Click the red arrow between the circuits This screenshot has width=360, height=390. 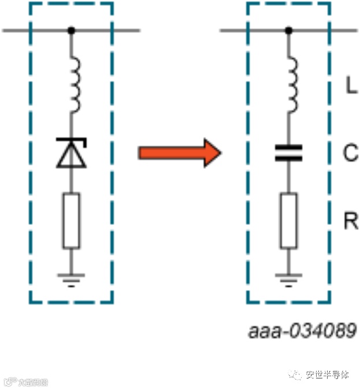(x=179, y=153)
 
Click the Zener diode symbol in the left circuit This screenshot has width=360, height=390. (x=71, y=153)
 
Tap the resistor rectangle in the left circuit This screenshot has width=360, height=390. (x=71, y=221)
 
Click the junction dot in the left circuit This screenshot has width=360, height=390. (x=71, y=30)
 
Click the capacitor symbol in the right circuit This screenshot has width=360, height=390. (x=288, y=153)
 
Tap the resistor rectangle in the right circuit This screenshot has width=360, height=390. (x=288, y=221)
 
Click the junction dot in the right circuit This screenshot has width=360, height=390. (x=288, y=30)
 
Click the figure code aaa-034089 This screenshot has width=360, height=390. (x=302, y=332)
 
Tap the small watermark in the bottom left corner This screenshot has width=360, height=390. (x=26, y=381)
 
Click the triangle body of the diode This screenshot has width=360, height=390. (x=71, y=157)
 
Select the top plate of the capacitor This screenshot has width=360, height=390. (x=288, y=148)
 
